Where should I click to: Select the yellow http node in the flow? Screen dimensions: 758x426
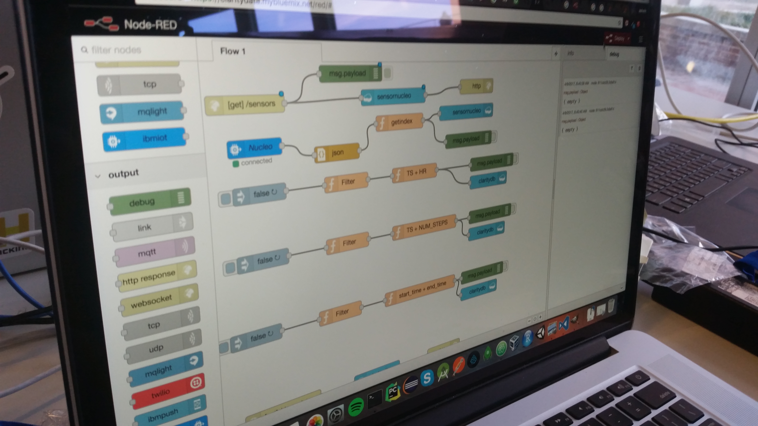tap(476, 86)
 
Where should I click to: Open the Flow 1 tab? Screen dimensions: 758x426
tap(232, 51)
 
